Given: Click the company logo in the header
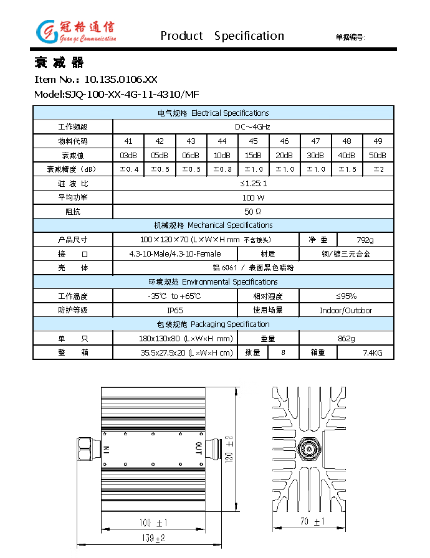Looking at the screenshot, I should coord(75,31).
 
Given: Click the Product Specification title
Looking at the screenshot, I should coord(222,36).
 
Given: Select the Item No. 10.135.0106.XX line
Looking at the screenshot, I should coord(95,79).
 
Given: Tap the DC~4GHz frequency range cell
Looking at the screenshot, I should coord(253,126).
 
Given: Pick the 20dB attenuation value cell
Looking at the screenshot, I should coord(284,155).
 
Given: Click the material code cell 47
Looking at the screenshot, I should coord(315,141).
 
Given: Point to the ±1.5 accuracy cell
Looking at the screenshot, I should coord(346,169).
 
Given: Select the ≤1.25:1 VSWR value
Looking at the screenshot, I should coord(253,183).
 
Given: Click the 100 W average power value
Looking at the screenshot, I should coord(253,197).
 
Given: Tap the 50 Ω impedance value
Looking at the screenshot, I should coord(253,212).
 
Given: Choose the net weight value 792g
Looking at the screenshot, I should coord(365,240).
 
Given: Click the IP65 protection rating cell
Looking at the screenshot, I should coord(175,310).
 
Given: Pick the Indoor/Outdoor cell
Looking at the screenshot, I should coord(346,310).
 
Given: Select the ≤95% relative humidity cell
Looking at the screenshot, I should coord(346,296).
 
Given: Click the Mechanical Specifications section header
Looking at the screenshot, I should coord(213,225).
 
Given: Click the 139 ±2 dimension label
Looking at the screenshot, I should coord(151,538).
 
